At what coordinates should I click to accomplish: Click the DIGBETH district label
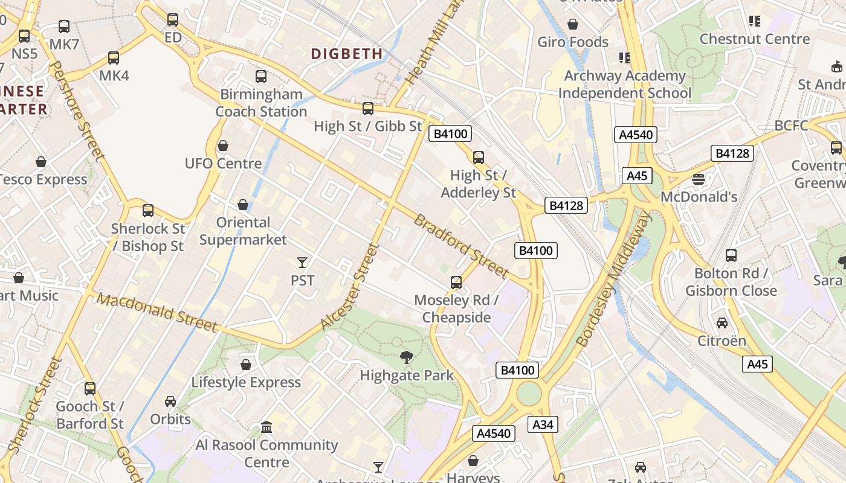pyautogui.click(x=347, y=54)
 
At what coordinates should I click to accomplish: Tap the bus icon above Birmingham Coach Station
pyautogui.click(x=261, y=77)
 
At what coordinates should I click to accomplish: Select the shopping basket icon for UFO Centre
pyautogui.click(x=223, y=146)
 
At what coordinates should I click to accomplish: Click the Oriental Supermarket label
pyautogui.click(x=243, y=231)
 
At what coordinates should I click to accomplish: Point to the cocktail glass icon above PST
pyautogui.click(x=302, y=262)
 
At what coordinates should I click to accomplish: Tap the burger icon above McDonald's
pyautogui.click(x=699, y=179)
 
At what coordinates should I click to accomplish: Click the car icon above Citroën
pyautogui.click(x=722, y=322)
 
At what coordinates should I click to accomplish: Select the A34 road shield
pyautogui.click(x=543, y=424)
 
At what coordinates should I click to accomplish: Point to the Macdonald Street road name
pyautogui.click(x=157, y=312)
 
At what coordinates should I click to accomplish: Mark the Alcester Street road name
pyautogui.click(x=350, y=286)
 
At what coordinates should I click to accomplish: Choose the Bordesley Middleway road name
pyautogui.click(x=615, y=278)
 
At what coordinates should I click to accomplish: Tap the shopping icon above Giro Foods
pyautogui.click(x=572, y=24)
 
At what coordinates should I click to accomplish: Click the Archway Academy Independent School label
pyautogui.click(x=625, y=85)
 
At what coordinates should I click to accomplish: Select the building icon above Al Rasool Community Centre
pyautogui.click(x=266, y=427)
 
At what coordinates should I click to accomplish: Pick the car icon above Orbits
pyautogui.click(x=170, y=401)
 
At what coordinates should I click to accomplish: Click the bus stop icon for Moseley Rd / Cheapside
pyautogui.click(x=456, y=282)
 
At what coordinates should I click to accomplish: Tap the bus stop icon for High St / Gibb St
pyautogui.click(x=367, y=109)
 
